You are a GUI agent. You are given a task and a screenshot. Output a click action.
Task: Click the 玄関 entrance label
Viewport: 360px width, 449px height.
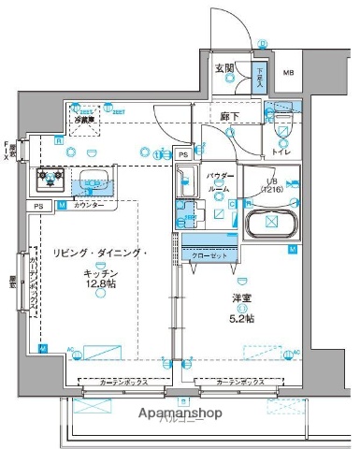[224, 67]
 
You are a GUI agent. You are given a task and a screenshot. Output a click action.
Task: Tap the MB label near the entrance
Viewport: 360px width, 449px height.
[289, 73]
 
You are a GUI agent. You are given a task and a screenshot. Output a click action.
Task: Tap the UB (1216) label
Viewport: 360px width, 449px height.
[272, 186]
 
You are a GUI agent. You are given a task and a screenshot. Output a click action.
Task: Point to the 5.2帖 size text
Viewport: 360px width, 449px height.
[241, 317]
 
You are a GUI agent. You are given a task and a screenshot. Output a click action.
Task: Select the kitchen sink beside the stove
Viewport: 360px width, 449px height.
[94, 181]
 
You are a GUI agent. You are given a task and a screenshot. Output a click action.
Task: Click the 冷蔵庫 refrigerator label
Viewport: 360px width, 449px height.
[85, 120]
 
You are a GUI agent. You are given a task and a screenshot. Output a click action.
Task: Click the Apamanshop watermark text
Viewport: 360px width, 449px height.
[180, 413]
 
